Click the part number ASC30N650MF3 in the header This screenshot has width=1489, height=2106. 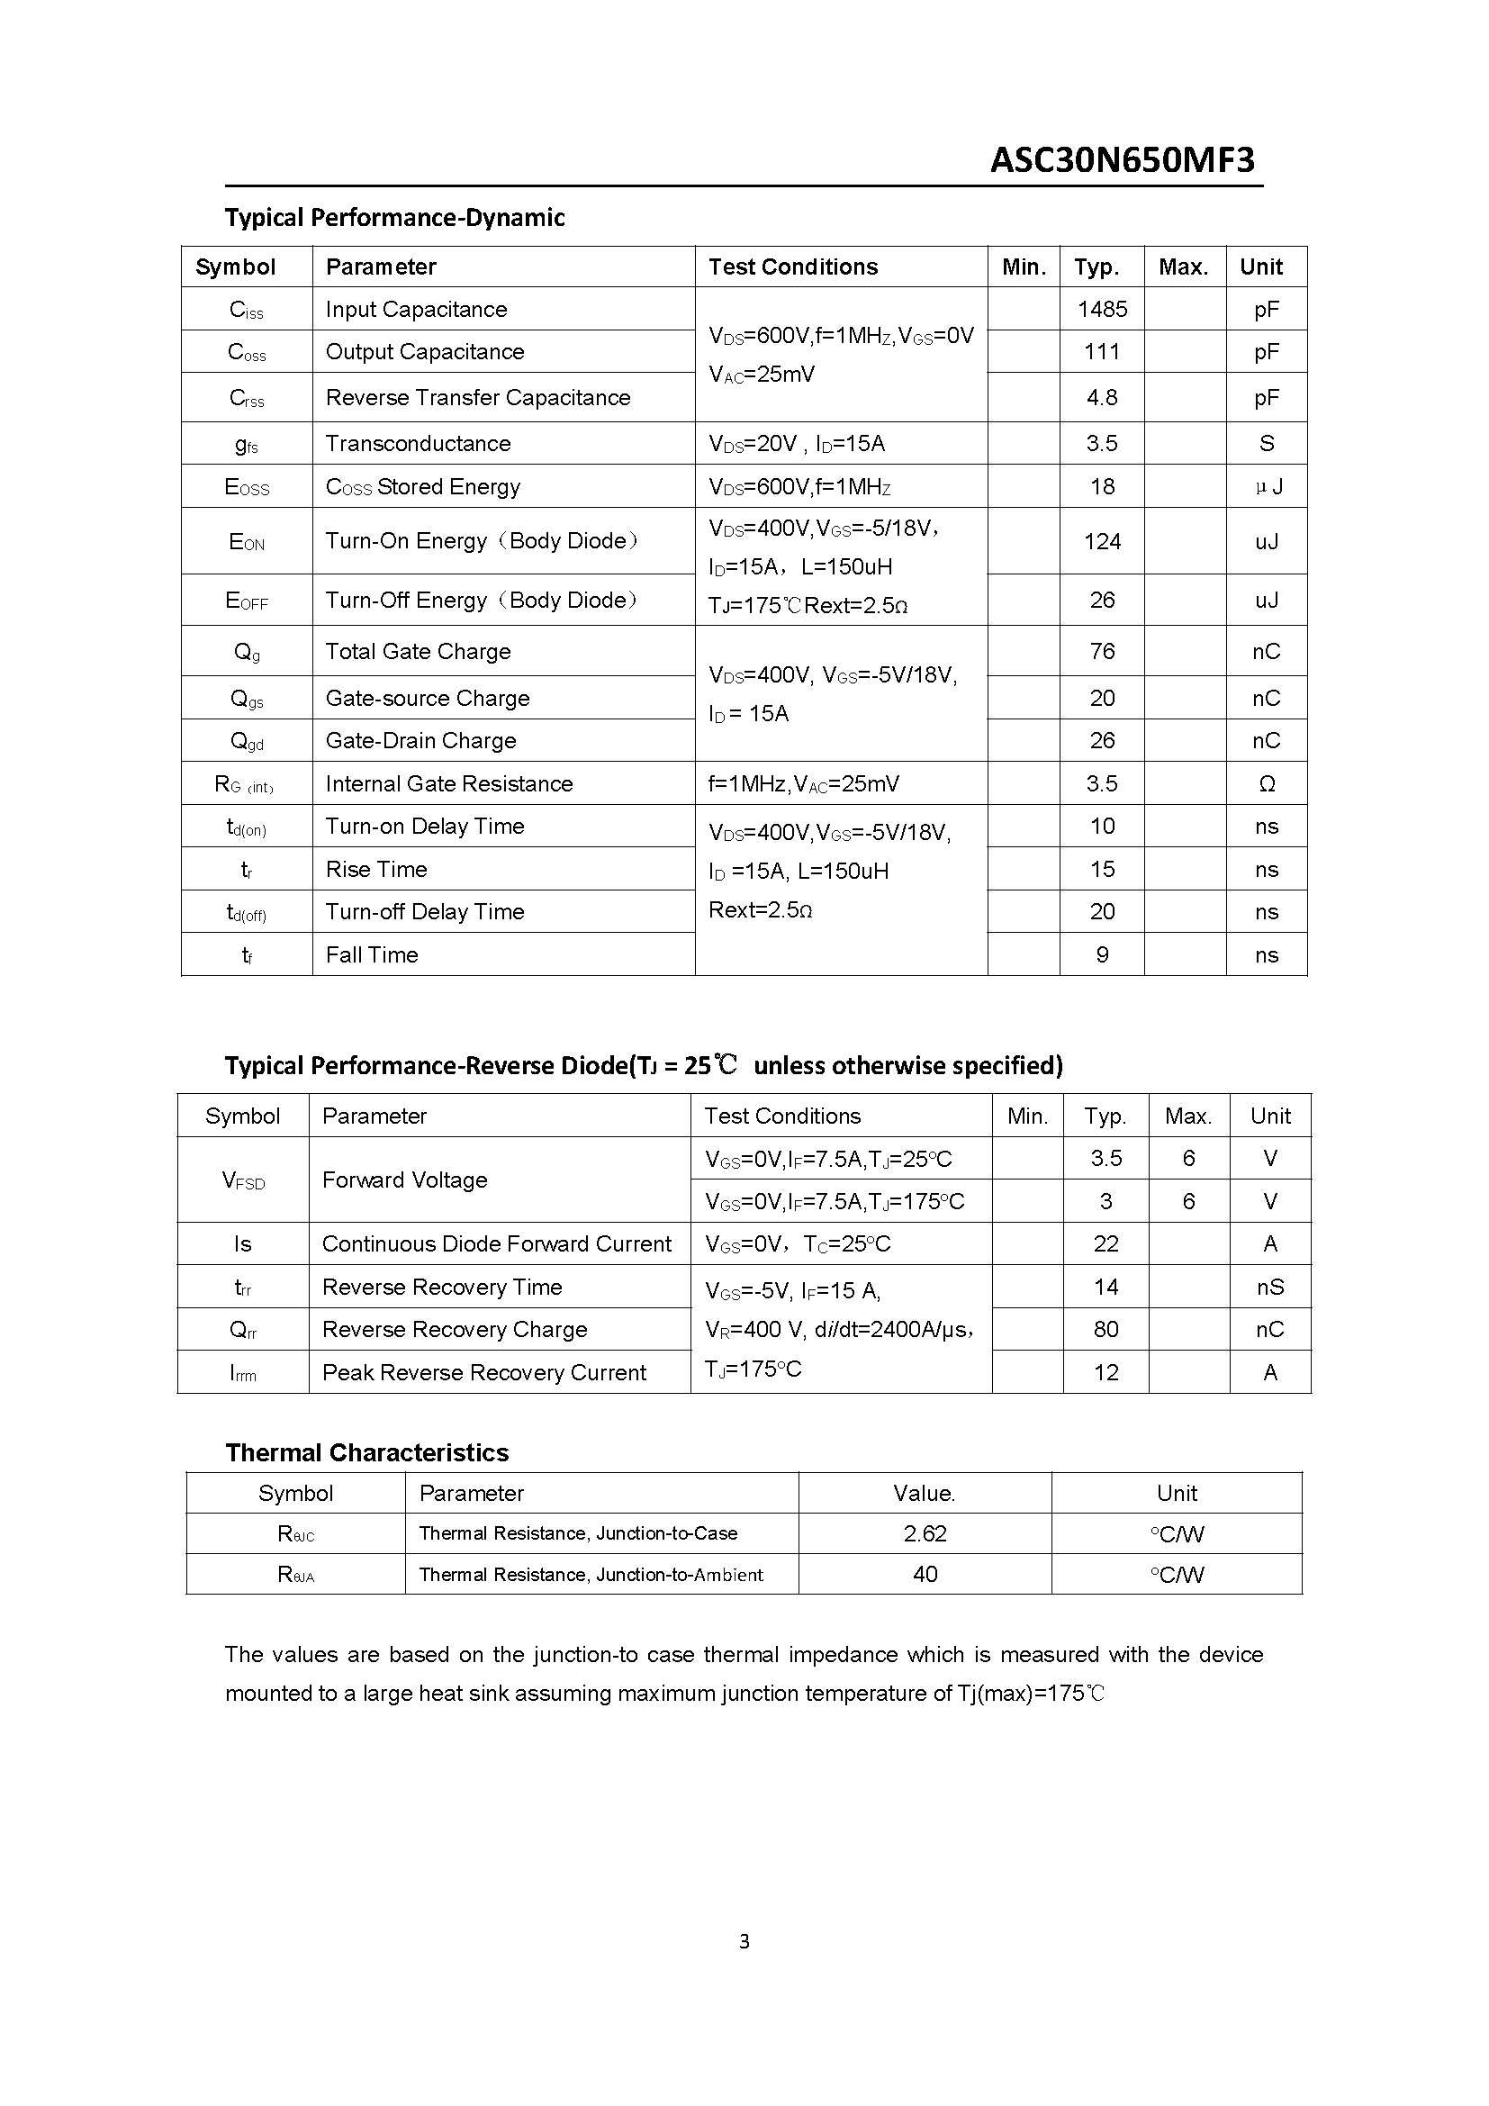(1122, 160)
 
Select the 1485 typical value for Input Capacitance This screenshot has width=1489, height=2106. (1102, 309)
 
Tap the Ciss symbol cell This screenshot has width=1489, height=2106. (246, 310)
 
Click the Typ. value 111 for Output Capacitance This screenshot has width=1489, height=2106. (1102, 351)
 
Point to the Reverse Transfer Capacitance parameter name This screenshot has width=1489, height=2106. (478, 397)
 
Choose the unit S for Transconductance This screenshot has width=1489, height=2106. (1267, 444)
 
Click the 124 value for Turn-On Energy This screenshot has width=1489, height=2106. (1102, 541)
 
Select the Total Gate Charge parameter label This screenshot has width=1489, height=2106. (418, 651)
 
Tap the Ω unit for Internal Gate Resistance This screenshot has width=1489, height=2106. (1267, 783)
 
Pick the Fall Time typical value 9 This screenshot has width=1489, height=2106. (1102, 954)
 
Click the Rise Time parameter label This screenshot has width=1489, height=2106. (376, 869)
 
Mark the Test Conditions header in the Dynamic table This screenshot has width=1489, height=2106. (793, 267)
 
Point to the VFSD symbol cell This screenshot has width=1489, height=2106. (243, 1180)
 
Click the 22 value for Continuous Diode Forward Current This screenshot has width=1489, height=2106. (1105, 1243)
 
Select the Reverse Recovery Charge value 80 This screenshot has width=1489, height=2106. (1105, 1329)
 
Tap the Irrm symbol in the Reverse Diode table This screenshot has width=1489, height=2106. (243, 1373)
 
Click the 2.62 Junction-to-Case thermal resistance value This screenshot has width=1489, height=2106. (925, 1533)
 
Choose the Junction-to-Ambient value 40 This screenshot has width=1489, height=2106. (925, 1574)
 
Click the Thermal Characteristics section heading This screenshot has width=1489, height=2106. (366, 1452)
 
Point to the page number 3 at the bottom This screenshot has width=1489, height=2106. (744, 1941)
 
